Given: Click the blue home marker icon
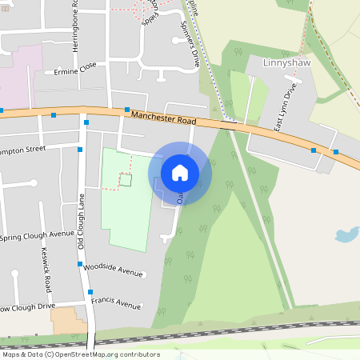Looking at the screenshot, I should click(x=180, y=172).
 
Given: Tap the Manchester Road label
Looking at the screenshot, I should click(x=163, y=117).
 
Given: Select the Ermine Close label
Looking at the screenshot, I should click(x=77, y=69).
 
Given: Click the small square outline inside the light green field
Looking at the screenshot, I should click(x=125, y=181).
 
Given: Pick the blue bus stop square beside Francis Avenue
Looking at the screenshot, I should click(x=90, y=293).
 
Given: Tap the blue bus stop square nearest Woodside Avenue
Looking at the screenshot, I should click(x=79, y=263).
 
